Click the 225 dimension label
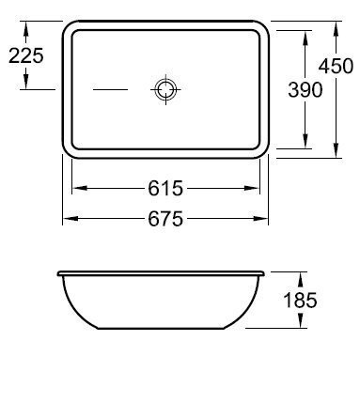(x=26, y=56)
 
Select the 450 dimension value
(x=336, y=66)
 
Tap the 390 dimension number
(x=305, y=89)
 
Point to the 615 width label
(x=165, y=188)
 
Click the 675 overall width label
(x=165, y=219)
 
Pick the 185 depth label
(x=300, y=300)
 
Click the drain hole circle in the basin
(x=165, y=89)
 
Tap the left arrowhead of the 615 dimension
(x=80, y=188)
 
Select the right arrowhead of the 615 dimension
(x=252, y=188)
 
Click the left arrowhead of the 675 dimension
(x=70, y=219)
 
